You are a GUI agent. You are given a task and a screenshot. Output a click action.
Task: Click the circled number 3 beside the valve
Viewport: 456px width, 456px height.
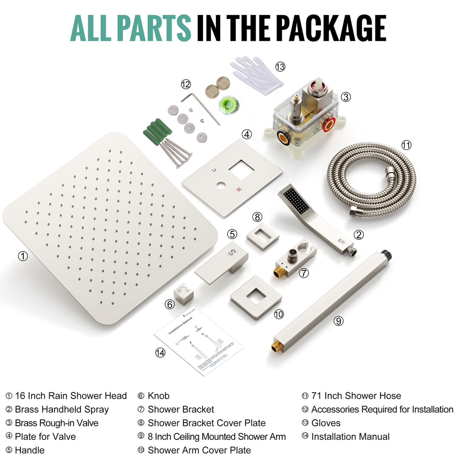click(x=346, y=97)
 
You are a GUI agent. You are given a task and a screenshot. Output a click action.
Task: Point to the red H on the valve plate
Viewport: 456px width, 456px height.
click(x=239, y=190)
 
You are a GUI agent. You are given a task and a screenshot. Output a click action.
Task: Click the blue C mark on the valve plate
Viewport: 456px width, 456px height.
click(x=214, y=170)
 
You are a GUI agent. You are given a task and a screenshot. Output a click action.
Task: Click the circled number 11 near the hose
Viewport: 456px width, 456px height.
click(x=406, y=145)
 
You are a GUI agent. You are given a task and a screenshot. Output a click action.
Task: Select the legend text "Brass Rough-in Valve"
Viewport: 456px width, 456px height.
click(x=56, y=423)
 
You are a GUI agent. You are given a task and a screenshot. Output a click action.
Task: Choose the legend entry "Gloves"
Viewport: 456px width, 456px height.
click(x=326, y=423)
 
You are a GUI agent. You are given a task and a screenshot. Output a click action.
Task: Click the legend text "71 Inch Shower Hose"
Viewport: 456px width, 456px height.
click(x=356, y=396)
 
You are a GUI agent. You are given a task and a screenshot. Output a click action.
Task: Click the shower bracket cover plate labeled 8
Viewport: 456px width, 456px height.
click(x=262, y=237)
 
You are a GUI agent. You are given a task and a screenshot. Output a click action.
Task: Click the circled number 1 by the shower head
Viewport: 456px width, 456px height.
click(x=23, y=256)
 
